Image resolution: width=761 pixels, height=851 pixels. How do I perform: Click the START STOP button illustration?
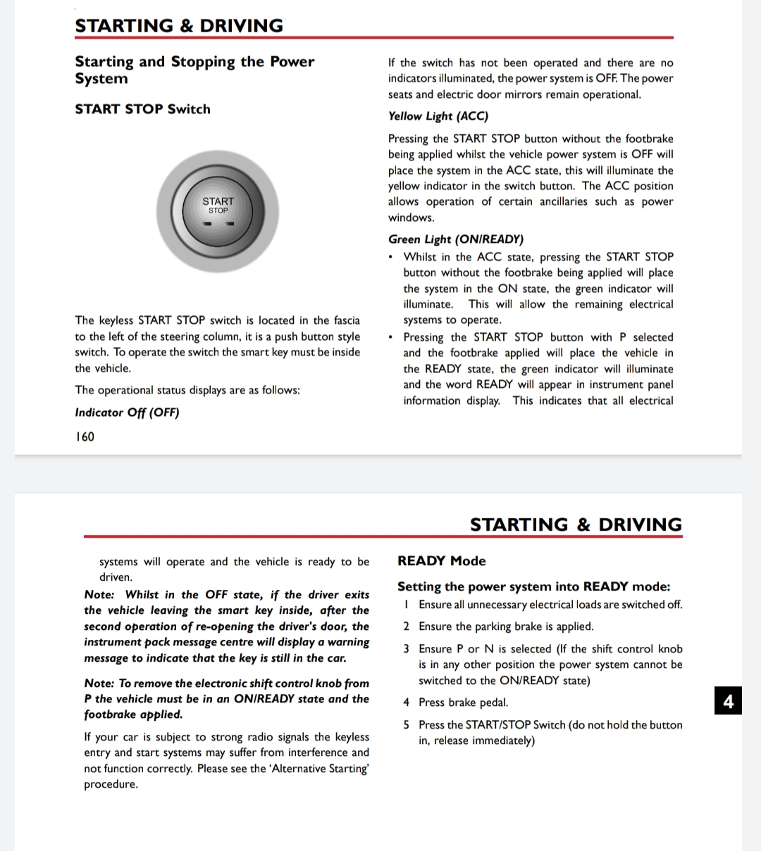218,212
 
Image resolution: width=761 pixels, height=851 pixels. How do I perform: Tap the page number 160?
85,436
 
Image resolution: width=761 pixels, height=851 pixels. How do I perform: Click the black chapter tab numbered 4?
728,701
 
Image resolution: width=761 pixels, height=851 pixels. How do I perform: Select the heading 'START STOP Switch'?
142,109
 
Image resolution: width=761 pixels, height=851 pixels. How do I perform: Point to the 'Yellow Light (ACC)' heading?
438,116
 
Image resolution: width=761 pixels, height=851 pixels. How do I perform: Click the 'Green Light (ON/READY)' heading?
455,239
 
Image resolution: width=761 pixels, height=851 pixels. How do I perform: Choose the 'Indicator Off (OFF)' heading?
127,412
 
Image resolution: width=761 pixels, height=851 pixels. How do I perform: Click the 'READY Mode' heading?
441,561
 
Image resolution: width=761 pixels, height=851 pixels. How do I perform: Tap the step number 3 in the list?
406,649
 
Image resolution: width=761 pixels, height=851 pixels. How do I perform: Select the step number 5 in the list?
406,725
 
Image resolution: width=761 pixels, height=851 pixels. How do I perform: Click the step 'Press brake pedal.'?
463,702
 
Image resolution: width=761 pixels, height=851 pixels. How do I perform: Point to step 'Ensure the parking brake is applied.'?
505,626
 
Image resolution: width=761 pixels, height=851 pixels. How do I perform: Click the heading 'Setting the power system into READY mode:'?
533,586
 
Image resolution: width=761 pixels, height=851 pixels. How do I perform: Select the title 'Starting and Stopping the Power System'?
194,70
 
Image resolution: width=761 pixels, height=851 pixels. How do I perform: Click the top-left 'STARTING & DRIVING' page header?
179,26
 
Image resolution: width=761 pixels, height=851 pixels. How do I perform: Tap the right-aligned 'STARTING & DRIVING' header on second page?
576,525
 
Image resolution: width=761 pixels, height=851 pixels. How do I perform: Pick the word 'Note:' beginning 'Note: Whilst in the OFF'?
99,595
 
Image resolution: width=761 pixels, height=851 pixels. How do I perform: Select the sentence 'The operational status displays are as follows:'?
187,390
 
